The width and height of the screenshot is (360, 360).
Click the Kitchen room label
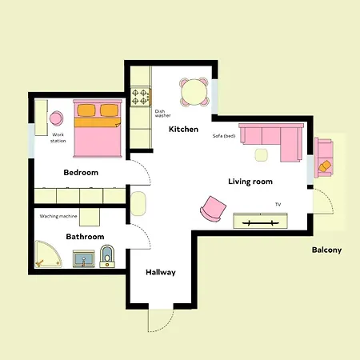point(183,130)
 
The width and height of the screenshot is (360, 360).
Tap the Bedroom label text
point(81,173)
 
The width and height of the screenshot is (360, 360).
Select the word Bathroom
point(85,237)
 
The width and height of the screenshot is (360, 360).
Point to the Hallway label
point(161,272)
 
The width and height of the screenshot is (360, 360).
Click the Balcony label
point(326,250)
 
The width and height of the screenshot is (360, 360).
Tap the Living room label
point(250,182)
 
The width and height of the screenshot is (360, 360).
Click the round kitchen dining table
point(194,92)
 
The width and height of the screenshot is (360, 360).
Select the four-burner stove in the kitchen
point(141,97)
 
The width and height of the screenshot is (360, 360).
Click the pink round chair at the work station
point(56,118)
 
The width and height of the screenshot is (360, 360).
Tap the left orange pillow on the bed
point(86,110)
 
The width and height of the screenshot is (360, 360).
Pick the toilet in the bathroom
point(107,257)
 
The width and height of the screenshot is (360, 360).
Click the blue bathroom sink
point(83,258)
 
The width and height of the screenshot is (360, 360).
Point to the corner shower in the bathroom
point(47,254)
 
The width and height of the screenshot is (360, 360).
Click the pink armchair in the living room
point(214,209)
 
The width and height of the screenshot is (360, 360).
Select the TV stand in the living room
point(261,221)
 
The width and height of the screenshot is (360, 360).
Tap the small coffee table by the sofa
point(261,155)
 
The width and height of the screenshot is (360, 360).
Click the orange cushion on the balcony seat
point(325,166)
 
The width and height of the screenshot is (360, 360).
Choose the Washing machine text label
point(58,216)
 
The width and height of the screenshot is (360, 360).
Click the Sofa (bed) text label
point(224,136)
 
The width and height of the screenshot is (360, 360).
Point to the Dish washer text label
point(162,114)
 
